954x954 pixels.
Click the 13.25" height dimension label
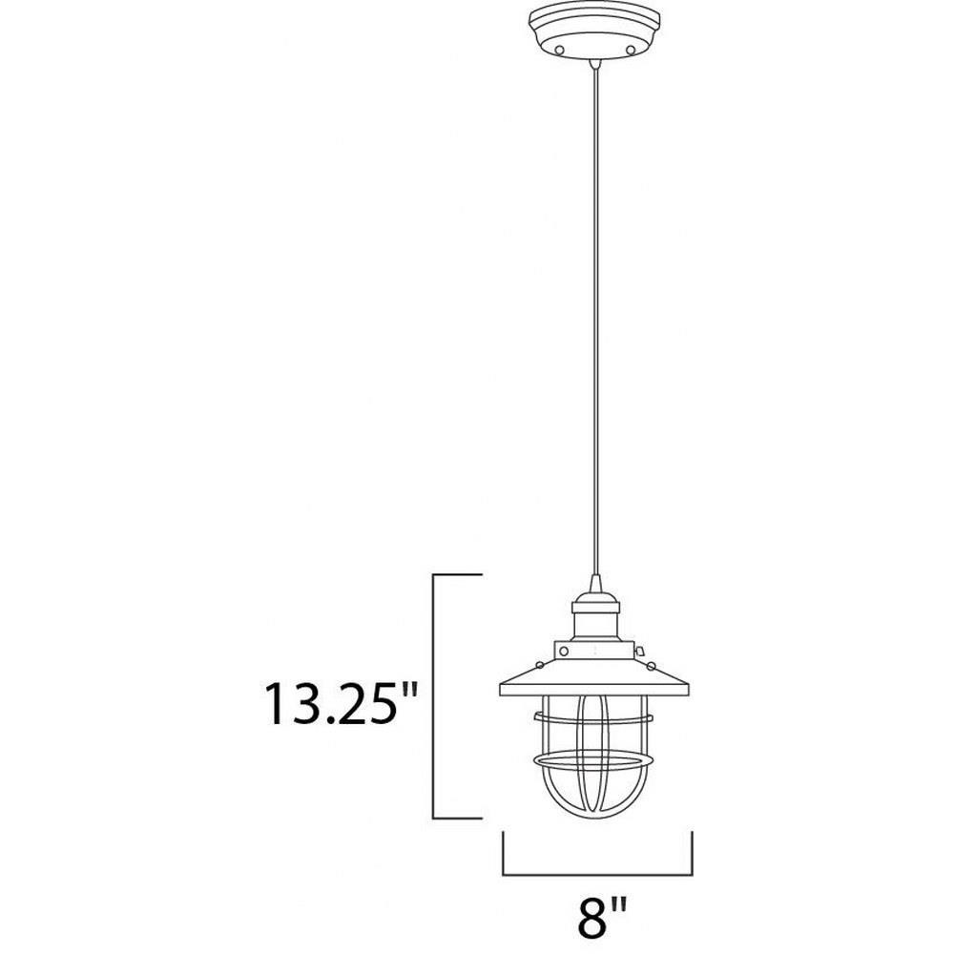pyautogui.click(x=342, y=704)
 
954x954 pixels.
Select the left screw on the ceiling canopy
pyautogui.click(x=560, y=49)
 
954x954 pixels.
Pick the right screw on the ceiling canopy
pyautogui.click(x=631, y=49)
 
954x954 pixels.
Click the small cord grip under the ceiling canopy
pyautogui.click(x=595, y=64)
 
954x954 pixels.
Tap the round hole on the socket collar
pyautogui.click(x=564, y=652)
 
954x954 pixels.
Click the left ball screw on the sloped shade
pyautogui.click(x=539, y=665)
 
